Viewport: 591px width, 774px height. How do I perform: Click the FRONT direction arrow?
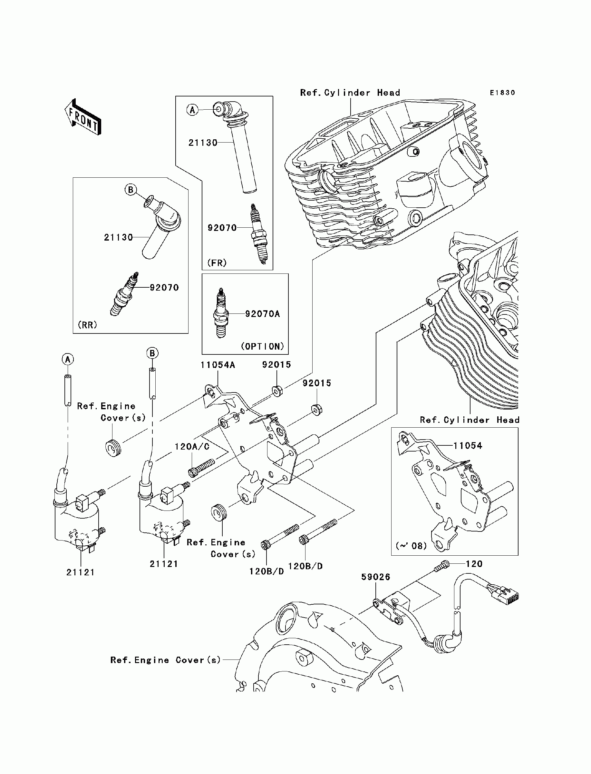[x=83, y=117]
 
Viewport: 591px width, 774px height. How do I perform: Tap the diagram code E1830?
[x=502, y=93]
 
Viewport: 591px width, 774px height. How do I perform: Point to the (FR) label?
[x=217, y=263]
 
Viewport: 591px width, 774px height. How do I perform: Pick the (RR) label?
[x=87, y=324]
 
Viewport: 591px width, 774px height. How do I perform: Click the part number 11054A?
[x=218, y=365]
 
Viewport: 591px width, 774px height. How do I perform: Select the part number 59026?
[x=376, y=577]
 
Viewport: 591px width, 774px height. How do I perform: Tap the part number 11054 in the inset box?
[x=468, y=446]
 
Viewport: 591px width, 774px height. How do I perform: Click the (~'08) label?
[x=411, y=546]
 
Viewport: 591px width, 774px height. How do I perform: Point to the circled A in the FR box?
[x=192, y=110]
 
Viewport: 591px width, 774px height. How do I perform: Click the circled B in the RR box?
[x=131, y=190]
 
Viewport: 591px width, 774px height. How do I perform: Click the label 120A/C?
[x=192, y=447]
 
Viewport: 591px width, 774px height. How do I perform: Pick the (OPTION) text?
[x=262, y=346]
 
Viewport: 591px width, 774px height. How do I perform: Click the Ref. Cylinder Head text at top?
[x=350, y=93]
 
